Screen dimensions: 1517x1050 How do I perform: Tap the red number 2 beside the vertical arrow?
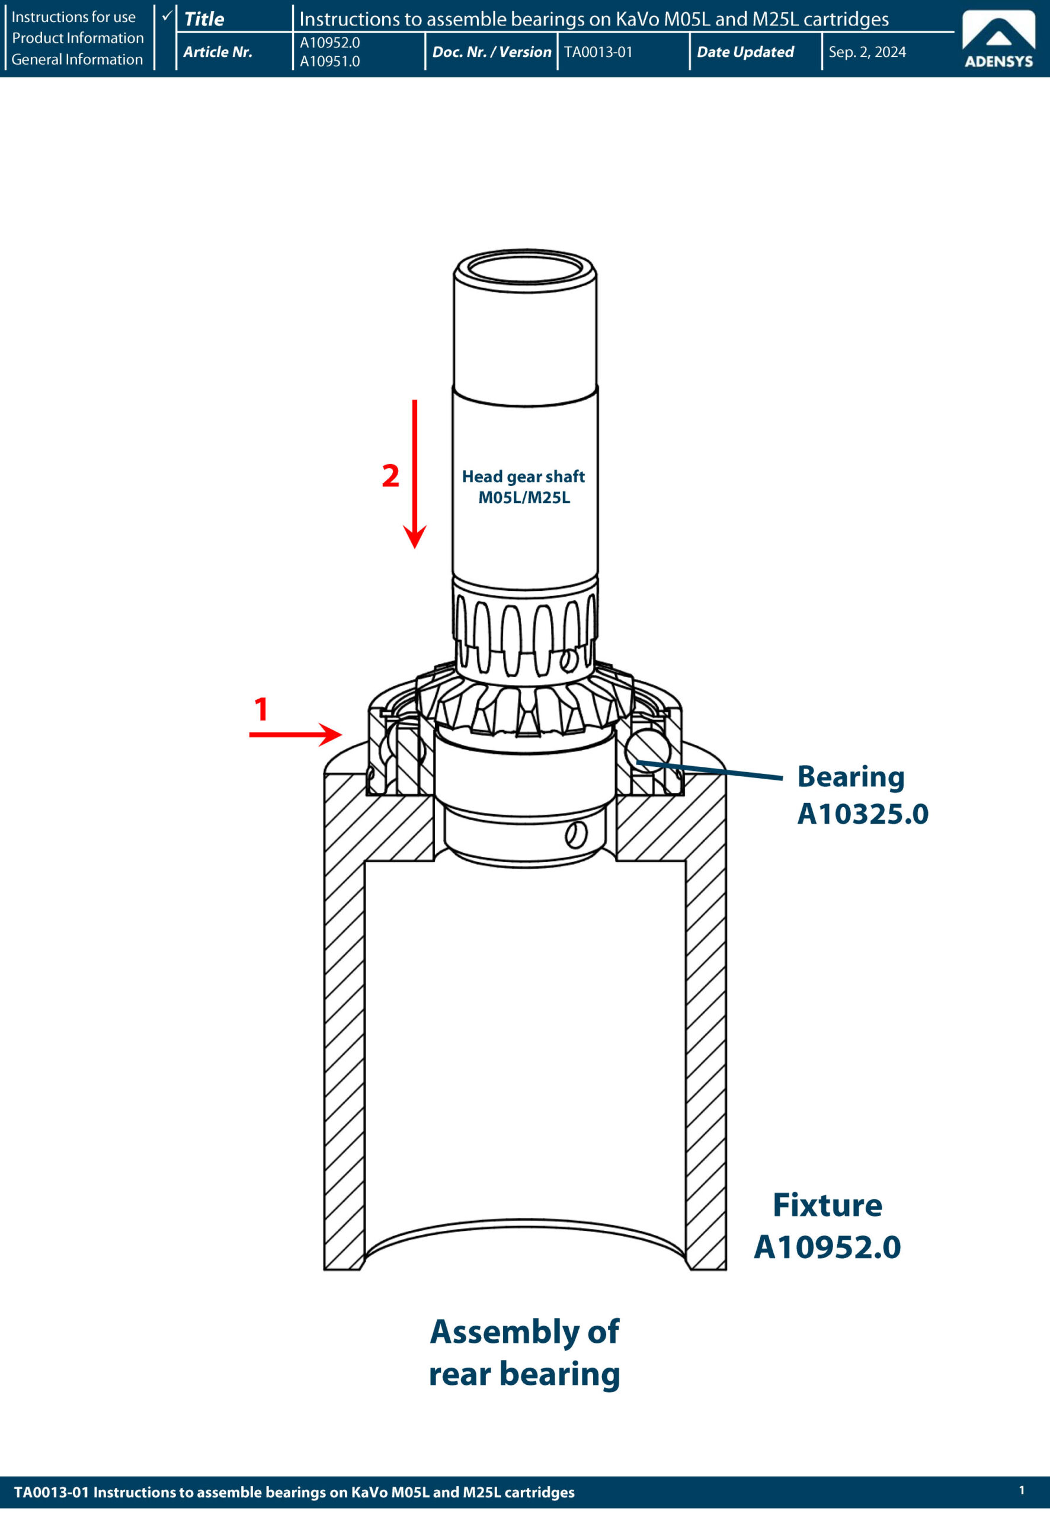pos(391,476)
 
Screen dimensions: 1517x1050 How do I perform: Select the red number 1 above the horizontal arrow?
pos(261,709)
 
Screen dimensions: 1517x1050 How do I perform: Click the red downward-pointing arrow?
pos(414,473)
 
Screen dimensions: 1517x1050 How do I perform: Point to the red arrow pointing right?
pos(296,734)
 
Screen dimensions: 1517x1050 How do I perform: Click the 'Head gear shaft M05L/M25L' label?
pos(524,487)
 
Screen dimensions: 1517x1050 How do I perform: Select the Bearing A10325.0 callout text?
pos(862,795)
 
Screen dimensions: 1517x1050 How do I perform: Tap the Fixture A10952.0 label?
pos(827,1225)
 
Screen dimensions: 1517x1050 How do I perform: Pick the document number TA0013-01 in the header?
pos(598,52)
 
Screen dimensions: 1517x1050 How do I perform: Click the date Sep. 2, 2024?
pos(866,52)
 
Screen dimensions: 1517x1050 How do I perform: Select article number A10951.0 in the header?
pos(329,61)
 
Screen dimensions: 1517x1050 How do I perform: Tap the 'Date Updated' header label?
pos(745,52)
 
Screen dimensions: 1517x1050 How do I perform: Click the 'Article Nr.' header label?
pos(218,52)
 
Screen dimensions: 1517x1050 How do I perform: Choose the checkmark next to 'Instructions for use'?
pos(167,15)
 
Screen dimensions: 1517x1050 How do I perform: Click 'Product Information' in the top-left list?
pos(78,38)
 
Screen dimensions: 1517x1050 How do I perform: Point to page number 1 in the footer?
pos(1021,1490)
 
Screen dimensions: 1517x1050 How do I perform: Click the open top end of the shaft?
pos(525,268)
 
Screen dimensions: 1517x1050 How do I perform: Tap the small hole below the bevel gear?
pos(575,835)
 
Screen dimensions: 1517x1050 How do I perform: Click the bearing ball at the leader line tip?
pos(648,748)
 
